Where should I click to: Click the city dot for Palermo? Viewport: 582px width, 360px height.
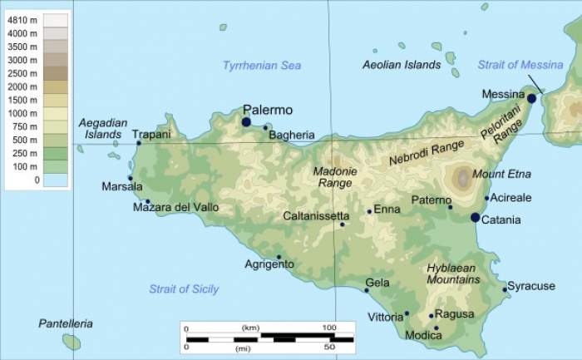(246, 122)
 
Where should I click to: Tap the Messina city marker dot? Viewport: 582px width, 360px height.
(531, 98)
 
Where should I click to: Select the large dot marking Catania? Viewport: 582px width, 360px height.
(475, 218)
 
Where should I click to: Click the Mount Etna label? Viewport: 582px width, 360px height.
(501, 175)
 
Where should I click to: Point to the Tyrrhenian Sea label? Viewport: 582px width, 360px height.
(262, 66)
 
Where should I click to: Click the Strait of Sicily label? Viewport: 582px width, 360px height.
(184, 289)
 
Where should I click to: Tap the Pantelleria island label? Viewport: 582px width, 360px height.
(66, 323)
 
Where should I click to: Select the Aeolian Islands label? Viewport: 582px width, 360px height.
(402, 65)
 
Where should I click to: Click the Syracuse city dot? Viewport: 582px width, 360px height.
(505, 289)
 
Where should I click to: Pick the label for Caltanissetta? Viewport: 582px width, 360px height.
(316, 215)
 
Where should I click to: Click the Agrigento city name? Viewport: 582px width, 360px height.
(269, 264)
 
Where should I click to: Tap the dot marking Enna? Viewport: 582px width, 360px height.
(370, 211)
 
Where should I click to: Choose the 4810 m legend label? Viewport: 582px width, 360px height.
(22, 19)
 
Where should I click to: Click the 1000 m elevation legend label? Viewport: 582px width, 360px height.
(22, 113)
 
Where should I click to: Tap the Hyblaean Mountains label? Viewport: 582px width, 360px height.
(453, 274)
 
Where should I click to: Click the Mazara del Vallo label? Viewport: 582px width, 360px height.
(176, 207)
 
